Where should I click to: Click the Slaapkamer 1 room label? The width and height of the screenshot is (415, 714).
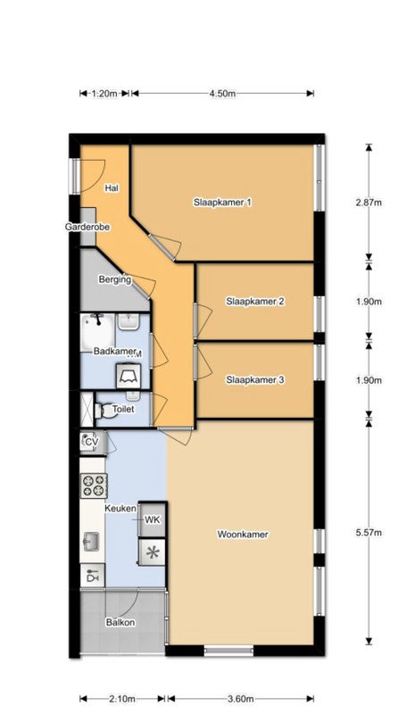tap(222, 203)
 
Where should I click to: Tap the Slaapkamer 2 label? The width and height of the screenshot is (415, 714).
tap(255, 301)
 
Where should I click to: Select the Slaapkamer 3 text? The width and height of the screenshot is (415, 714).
tap(255, 379)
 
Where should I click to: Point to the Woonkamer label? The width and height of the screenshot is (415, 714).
tap(243, 534)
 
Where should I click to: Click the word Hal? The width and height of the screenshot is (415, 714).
tap(112, 187)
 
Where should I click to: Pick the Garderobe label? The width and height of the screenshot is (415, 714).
tap(87, 227)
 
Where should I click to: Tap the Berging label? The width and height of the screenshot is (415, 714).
tap(115, 279)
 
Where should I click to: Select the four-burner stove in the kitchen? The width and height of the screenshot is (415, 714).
tap(94, 485)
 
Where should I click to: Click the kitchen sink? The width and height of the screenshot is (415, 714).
tap(91, 542)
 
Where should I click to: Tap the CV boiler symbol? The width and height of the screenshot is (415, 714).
tap(92, 441)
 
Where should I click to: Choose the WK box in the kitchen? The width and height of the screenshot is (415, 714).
tap(153, 519)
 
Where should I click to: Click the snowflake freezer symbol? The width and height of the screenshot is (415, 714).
tap(153, 552)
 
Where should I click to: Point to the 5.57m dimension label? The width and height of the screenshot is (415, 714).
tap(369, 532)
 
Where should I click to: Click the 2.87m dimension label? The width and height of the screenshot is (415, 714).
tap(369, 203)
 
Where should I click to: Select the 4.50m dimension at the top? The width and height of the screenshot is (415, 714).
tap(222, 94)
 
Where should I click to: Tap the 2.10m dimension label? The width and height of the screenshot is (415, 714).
tap(122, 699)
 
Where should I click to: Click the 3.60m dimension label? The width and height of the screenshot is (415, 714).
tap(240, 699)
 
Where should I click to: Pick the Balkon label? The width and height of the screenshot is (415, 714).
tap(120, 622)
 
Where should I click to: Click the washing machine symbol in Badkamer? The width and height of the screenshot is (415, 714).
tap(129, 376)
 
